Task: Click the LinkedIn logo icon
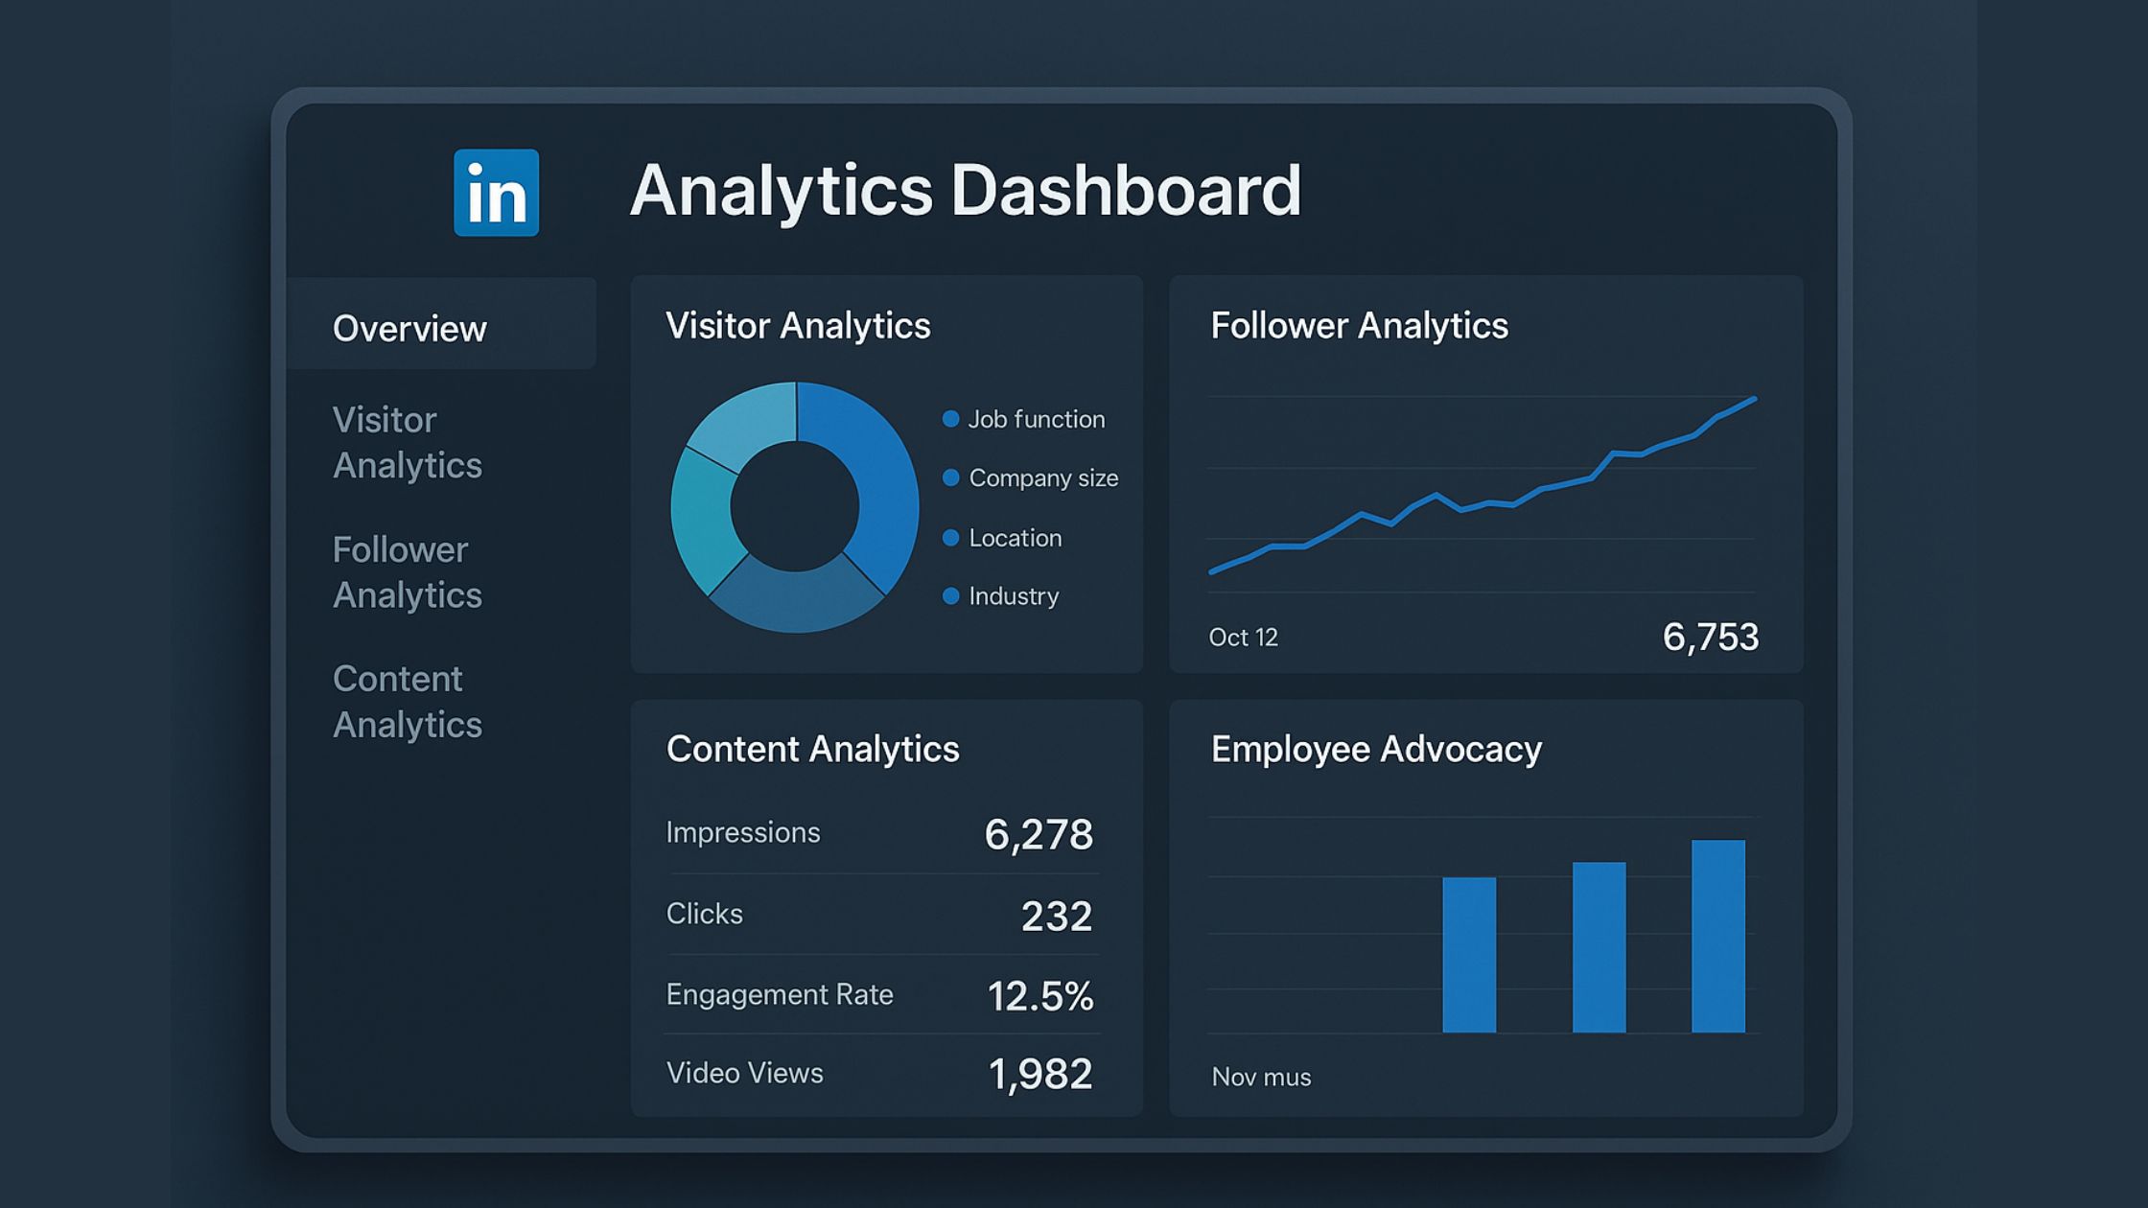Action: (496, 193)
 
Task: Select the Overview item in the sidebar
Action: (409, 329)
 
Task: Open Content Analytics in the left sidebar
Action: (407, 701)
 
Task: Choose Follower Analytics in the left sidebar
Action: (407, 571)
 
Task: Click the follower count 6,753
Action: (1710, 637)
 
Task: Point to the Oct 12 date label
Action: (1243, 638)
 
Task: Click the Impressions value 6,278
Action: (1038, 834)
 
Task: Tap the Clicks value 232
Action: (1056, 916)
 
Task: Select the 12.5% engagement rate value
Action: (1039, 996)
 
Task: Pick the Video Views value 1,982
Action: (1039, 1074)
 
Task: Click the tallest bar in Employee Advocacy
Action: (1717, 936)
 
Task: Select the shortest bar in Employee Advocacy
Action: (1468, 955)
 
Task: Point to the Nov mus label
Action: (1261, 1077)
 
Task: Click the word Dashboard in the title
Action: (1125, 190)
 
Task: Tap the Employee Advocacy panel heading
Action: (1375, 749)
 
